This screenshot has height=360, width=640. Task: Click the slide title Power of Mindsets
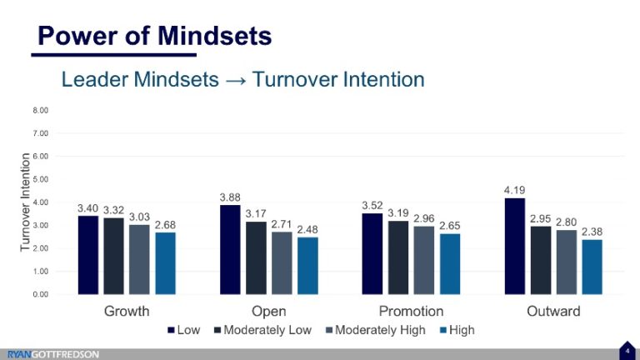155,36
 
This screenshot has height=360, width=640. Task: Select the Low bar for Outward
515,246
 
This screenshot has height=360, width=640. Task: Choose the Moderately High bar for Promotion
423,260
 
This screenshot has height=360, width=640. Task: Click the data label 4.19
514,191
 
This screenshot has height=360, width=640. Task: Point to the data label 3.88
230,197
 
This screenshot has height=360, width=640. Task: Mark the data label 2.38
590,232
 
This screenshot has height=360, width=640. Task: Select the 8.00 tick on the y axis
41,110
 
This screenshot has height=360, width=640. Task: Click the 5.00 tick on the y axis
41,179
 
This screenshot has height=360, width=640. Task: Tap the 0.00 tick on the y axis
41,294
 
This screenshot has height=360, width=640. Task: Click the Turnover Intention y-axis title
24,202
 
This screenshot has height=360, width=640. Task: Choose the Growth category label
127,312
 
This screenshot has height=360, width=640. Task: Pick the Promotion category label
411,312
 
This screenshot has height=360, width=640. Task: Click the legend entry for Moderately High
380,330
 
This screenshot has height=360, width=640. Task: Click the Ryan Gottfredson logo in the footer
53,354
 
